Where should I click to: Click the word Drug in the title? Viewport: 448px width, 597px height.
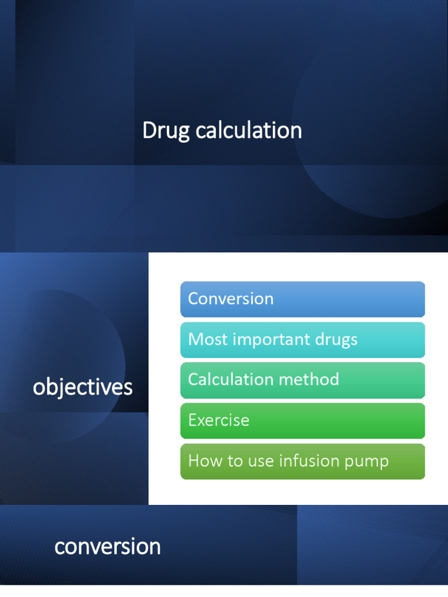[166, 131]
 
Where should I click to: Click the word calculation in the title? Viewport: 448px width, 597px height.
[249, 131]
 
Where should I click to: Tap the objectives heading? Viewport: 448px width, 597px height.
[83, 387]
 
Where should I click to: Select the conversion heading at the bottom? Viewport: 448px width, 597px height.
[107, 547]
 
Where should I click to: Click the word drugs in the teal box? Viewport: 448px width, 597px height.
[337, 340]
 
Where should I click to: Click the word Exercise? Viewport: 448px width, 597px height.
[219, 420]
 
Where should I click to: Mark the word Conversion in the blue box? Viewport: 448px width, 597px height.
[230, 299]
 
